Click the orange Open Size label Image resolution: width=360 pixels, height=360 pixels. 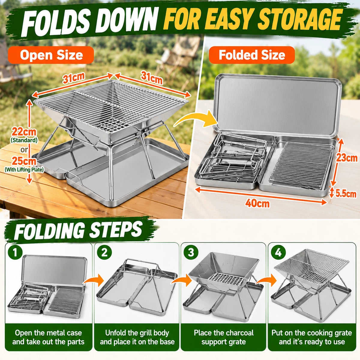click(x=51, y=55)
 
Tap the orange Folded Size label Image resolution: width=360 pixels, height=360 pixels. click(x=252, y=55)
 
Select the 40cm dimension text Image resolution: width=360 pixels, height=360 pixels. click(x=257, y=203)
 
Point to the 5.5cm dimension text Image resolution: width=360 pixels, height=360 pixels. click(x=346, y=194)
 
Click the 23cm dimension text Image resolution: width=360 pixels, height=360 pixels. click(x=347, y=158)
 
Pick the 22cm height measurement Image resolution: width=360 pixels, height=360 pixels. click(x=24, y=132)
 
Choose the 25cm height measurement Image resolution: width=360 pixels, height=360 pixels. click(x=24, y=161)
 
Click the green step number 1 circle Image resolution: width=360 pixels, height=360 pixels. click(x=15, y=253)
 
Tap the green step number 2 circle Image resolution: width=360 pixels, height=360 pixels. click(x=104, y=253)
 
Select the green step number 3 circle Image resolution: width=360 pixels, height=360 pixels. click(x=191, y=253)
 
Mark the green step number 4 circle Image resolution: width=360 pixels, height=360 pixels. click(x=278, y=253)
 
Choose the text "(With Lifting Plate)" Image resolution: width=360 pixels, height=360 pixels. click(x=24, y=169)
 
